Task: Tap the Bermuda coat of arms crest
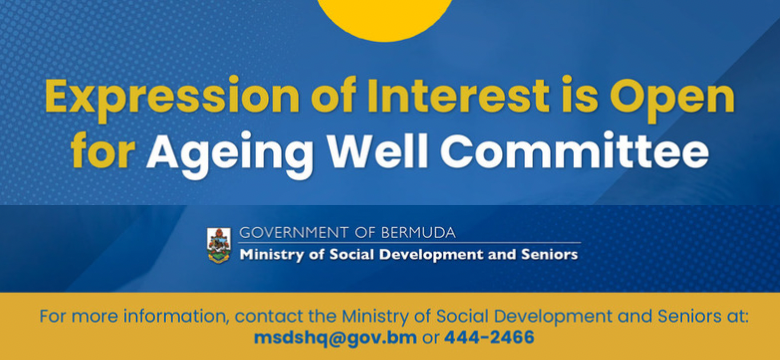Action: pos(218,244)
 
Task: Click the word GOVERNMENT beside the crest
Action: pos(287,233)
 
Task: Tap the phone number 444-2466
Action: pos(489,338)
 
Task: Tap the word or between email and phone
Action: pos(430,338)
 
